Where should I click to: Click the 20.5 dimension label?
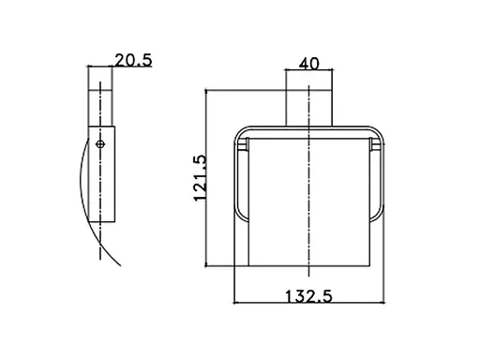pos(133,60)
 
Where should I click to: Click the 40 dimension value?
pos(309,64)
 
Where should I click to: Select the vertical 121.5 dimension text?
pos(200,178)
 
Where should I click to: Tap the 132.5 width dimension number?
pos(308,296)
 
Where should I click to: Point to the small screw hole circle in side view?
pos(100,144)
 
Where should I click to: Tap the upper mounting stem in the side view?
pos(100,109)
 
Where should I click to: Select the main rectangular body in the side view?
pos(102,174)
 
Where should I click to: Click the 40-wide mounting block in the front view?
pos(309,108)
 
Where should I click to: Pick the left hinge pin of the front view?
pos(243,144)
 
